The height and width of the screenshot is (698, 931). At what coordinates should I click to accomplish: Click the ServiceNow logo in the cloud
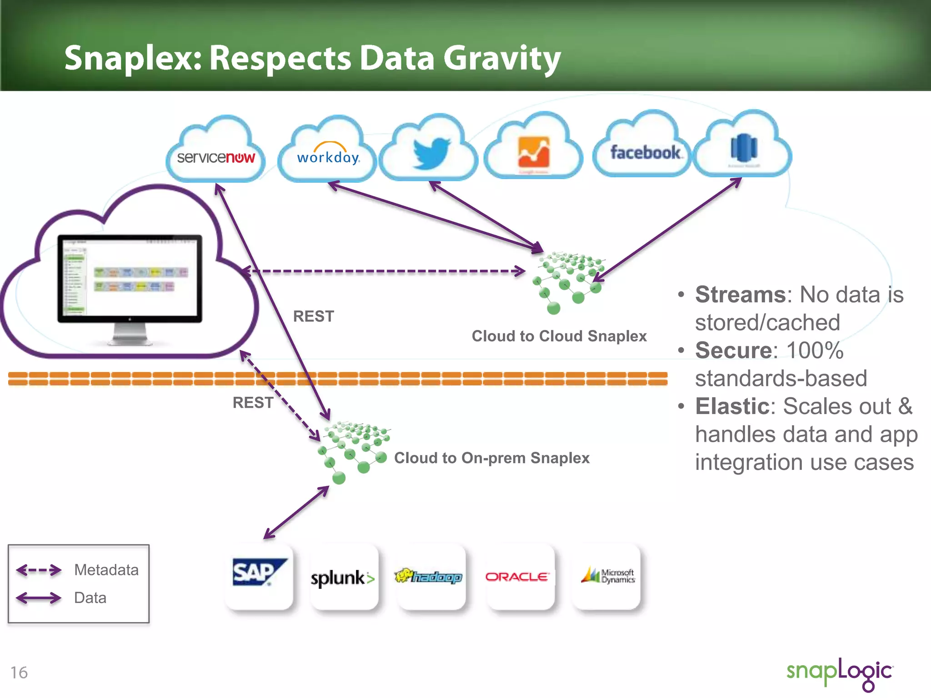tap(215, 158)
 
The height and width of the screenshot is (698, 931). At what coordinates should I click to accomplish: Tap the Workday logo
tap(328, 156)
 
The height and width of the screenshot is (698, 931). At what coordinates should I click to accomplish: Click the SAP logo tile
tap(259, 575)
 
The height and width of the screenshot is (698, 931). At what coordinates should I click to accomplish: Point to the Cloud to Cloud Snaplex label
tap(559, 336)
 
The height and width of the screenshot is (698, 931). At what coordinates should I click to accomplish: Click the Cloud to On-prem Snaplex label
tap(491, 458)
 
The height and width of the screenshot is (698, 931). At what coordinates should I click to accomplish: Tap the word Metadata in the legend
tap(106, 569)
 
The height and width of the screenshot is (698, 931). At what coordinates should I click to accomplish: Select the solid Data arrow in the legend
tap(39, 598)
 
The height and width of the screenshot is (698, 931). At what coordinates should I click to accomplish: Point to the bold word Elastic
tap(732, 406)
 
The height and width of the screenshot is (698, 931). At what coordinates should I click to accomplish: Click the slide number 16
tap(19, 672)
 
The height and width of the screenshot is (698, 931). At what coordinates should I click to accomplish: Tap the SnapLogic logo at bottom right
tap(840, 673)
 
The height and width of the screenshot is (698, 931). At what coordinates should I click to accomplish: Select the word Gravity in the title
tap(502, 59)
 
